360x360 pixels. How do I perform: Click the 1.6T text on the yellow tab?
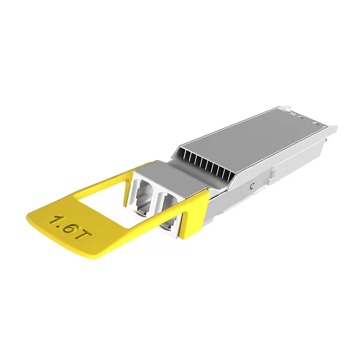(69, 226)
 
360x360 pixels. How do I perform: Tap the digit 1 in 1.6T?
(55, 220)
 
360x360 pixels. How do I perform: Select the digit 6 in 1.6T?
(69, 227)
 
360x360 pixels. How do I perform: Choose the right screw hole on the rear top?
(307, 119)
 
